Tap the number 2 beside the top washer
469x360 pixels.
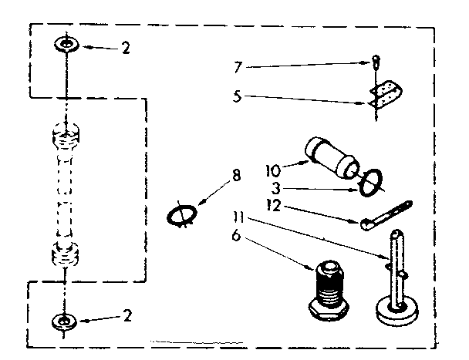coord(125,48)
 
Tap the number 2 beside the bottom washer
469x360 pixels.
coord(127,315)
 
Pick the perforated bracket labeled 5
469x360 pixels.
coord(384,95)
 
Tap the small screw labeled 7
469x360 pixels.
coord(375,62)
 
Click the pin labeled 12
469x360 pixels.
coord(389,214)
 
